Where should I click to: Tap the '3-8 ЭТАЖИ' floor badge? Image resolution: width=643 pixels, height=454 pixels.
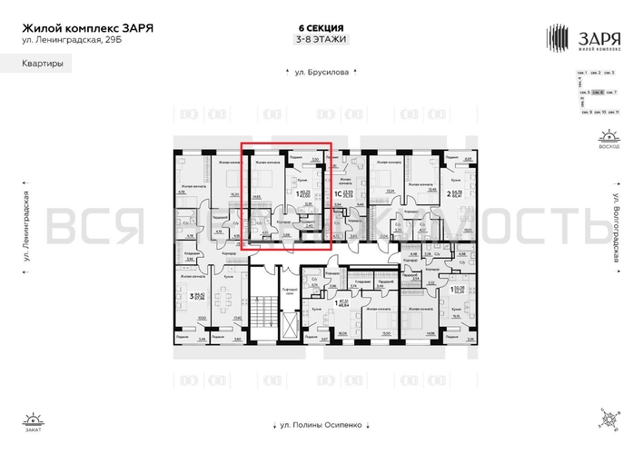(x=321, y=40)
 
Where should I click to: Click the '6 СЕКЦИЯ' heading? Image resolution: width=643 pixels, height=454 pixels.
(x=321, y=27)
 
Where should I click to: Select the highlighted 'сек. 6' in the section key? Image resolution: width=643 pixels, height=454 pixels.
(x=597, y=93)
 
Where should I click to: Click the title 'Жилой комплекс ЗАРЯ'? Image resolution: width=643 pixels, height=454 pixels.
(x=87, y=27)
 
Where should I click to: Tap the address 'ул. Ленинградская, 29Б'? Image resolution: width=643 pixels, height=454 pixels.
(x=69, y=41)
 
